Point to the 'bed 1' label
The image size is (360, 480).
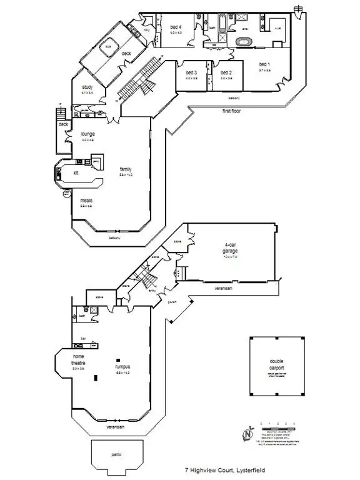click(x=265, y=65)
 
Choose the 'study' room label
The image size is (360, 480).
click(x=87, y=87)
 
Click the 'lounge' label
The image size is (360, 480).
click(x=87, y=134)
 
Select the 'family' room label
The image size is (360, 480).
click(x=126, y=169)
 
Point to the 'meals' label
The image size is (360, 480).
click(x=86, y=200)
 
